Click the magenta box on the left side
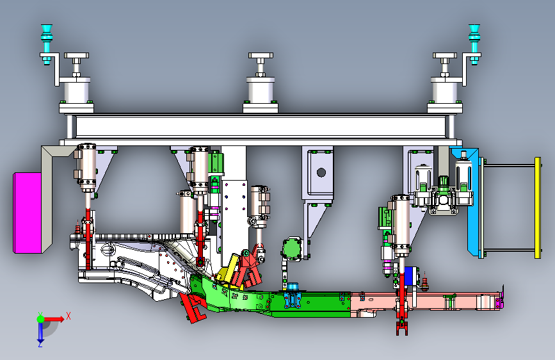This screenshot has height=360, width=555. (28, 213)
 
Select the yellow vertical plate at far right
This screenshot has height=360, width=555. (538, 208)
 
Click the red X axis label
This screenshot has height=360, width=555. (68, 316)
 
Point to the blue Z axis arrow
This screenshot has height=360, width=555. (40, 332)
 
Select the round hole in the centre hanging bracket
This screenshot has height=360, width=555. (321, 172)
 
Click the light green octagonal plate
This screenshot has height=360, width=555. (292, 249)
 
